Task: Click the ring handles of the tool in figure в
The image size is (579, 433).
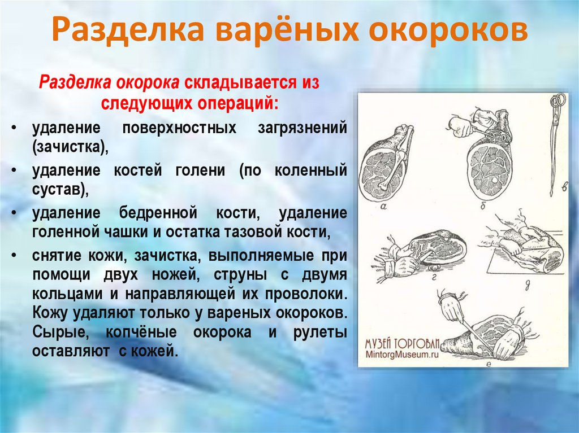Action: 558,102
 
